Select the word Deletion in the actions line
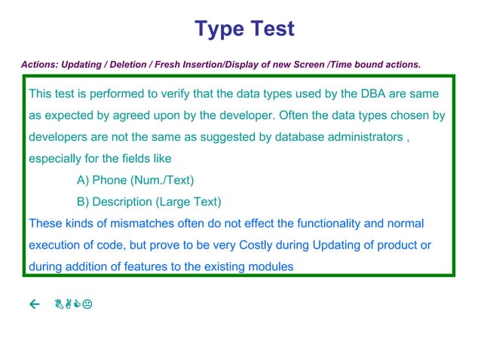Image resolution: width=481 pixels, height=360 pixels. click(x=127, y=65)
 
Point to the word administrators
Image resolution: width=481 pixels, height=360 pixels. click(x=358, y=138)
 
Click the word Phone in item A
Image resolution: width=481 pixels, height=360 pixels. click(x=109, y=180)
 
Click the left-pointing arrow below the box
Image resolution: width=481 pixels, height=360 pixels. click(x=33, y=304)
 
